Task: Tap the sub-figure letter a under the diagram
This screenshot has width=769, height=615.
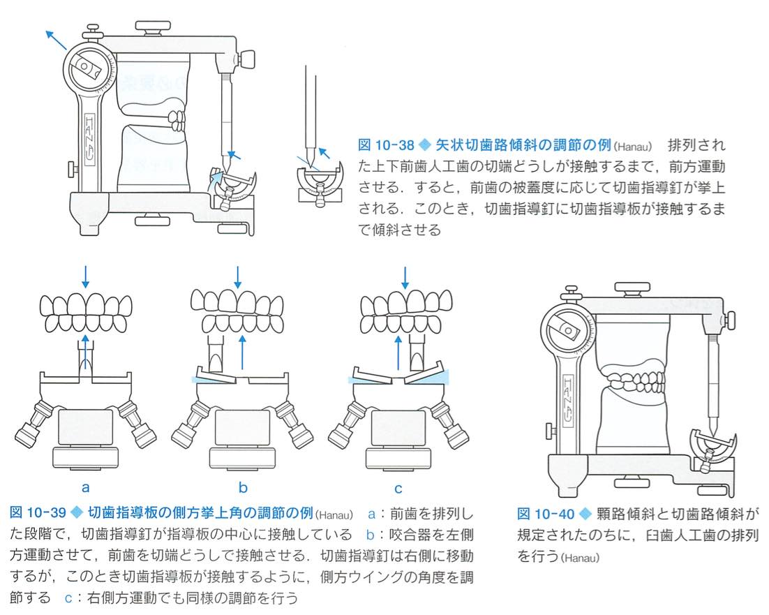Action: [85, 487]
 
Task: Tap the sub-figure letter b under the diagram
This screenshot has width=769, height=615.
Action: [243, 487]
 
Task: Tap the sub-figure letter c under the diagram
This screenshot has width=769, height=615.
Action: [398, 487]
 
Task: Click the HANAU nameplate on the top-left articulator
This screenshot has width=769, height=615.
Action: [91, 140]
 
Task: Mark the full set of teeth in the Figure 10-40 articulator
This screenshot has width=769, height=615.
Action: [635, 386]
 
